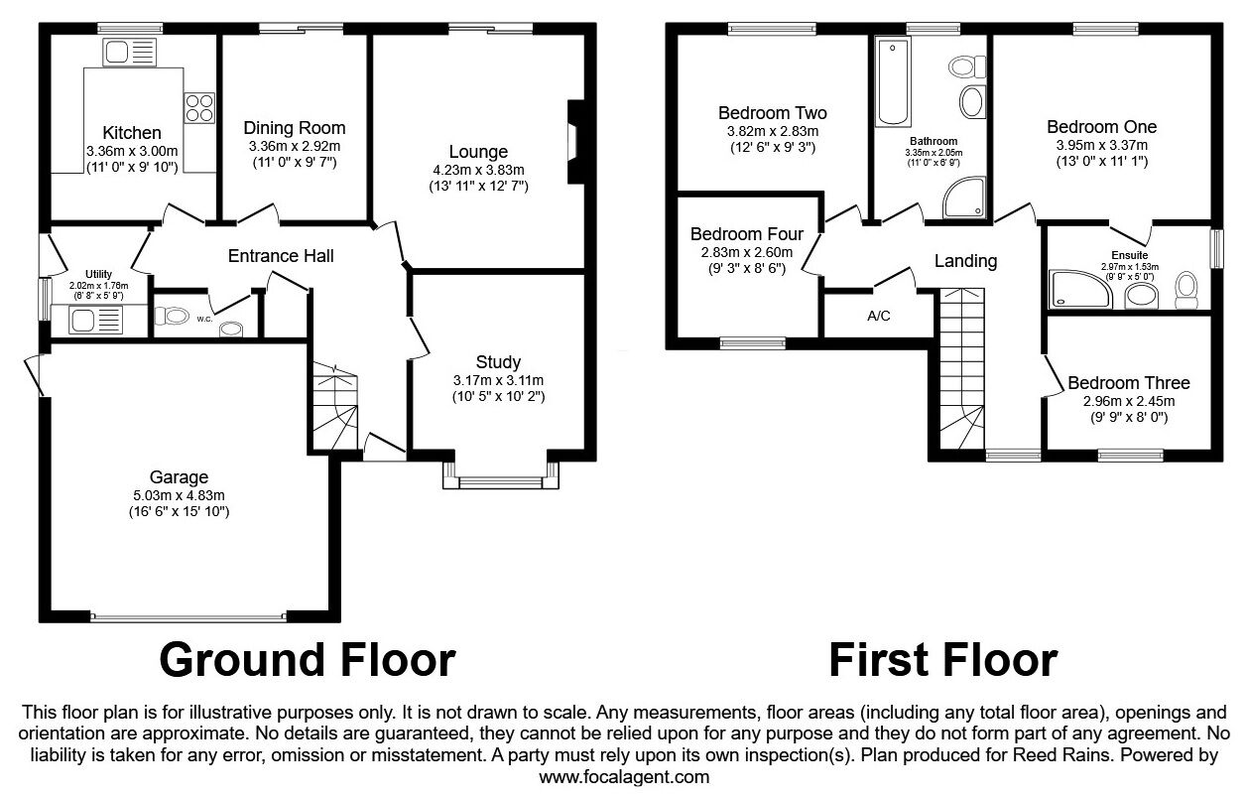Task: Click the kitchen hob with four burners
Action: [x=199, y=107]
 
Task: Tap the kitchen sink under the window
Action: [x=130, y=53]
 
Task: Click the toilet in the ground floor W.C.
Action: [x=172, y=317]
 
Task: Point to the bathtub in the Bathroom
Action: [x=893, y=81]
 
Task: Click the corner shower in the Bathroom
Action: [x=964, y=198]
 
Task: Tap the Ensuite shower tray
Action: [x=1079, y=290]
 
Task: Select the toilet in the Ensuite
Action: [x=1186, y=290]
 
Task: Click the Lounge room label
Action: [x=478, y=152]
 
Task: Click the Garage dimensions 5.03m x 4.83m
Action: [x=179, y=495]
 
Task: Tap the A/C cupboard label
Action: [x=878, y=316]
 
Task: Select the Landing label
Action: [x=965, y=260]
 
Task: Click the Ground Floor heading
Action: [x=308, y=660]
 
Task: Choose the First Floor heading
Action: [x=943, y=660]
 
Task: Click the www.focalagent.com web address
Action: [x=624, y=777]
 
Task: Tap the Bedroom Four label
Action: [x=746, y=233]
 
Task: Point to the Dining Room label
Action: [x=295, y=128]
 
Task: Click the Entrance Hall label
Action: [x=281, y=256]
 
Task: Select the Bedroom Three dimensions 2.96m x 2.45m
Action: [x=1129, y=401]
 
